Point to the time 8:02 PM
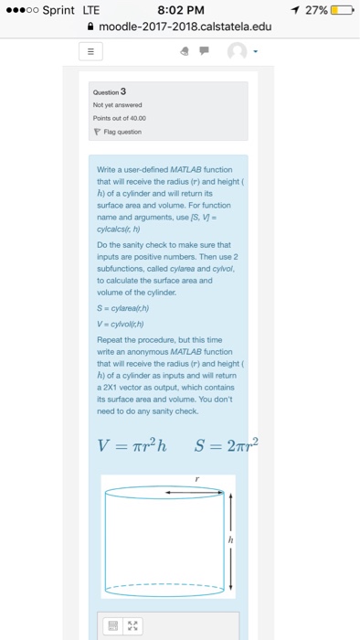[180, 10]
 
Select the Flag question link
[117, 131]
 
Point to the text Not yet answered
[113, 104]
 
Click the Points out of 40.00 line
[120, 117]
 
